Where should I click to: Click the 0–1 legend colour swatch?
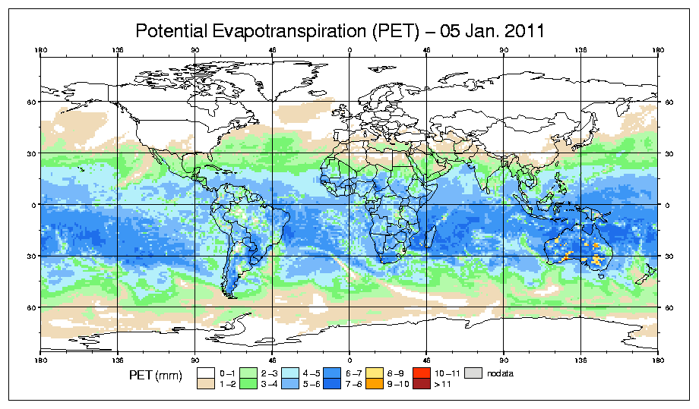coord(206,373)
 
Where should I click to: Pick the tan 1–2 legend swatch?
coord(206,383)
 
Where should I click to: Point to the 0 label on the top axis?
coord(349,52)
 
